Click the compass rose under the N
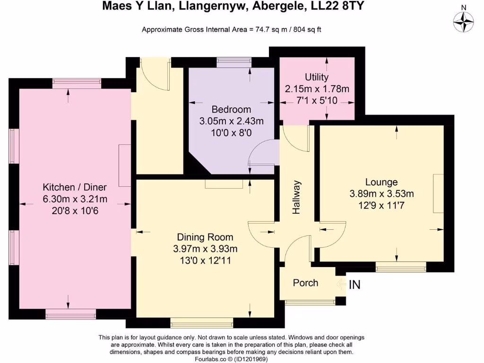[463, 22]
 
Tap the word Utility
[316, 77]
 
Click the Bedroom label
[231, 110]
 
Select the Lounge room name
[381, 182]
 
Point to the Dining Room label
[205, 237]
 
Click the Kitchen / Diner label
[74, 187]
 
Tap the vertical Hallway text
[296, 197]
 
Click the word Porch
[305, 283]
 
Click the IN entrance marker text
[354, 285]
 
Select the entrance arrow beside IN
[341, 284]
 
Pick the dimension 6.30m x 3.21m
[75, 199]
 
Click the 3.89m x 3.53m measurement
[381, 194]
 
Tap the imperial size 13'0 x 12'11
[205, 260]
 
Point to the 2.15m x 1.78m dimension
[317, 89]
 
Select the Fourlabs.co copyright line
[231, 359]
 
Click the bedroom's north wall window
[234, 63]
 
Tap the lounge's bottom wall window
[401, 268]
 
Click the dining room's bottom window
[202, 323]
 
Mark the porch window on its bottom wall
[310, 302]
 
